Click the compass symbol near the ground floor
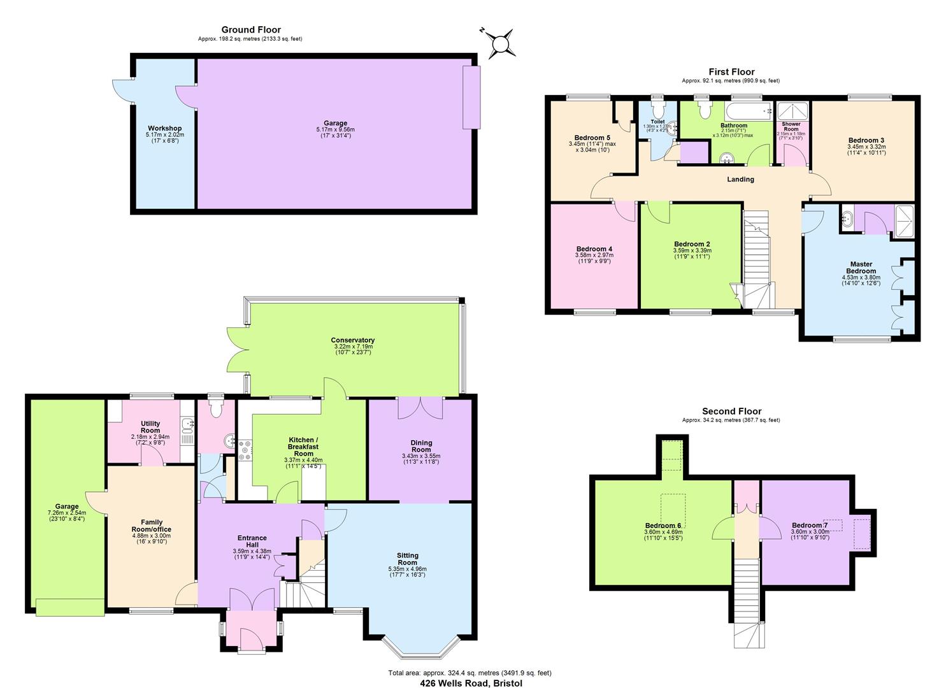501,43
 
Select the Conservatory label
352,340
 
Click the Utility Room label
150,427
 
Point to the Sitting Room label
407,559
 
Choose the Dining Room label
421,446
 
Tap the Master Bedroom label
861,268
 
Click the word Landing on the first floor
740,180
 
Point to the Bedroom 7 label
810,525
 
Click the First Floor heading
731,72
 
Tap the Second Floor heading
731,412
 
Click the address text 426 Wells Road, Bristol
471,683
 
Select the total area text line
469,673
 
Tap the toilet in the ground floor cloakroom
216,410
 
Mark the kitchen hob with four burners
245,451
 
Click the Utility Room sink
187,426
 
